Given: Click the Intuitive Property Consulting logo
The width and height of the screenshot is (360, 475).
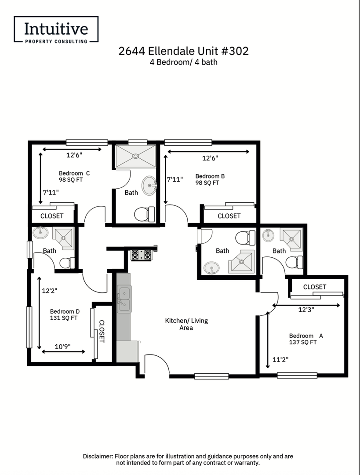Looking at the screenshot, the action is pyautogui.click(x=56, y=29).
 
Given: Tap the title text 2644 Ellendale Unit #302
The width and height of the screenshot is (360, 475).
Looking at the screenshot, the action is pyautogui.click(x=183, y=51).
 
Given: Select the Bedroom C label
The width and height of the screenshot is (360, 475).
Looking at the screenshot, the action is pyautogui.click(x=74, y=173).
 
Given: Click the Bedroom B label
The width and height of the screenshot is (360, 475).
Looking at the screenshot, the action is pyautogui.click(x=210, y=176).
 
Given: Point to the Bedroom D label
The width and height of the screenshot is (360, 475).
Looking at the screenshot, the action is pyautogui.click(x=65, y=311).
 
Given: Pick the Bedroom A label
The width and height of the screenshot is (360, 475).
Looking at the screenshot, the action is pyautogui.click(x=306, y=336).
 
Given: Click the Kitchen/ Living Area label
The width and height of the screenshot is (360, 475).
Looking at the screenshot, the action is pyautogui.click(x=186, y=324).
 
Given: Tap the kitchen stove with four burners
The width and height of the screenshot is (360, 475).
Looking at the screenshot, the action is pyautogui.click(x=141, y=255).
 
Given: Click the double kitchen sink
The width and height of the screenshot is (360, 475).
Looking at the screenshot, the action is pyautogui.click(x=124, y=299).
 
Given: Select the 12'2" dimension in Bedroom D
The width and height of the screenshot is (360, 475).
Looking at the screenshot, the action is pyautogui.click(x=49, y=291).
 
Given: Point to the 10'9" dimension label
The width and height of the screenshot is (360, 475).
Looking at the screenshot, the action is pyautogui.click(x=63, y=346).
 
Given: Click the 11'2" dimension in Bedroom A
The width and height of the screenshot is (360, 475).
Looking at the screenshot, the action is pyautogui.click(x=280, y=360).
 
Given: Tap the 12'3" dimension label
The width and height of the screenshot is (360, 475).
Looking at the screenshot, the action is pyautogui.click(x=306, y=310).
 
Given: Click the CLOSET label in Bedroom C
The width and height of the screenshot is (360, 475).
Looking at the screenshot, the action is pyautogui.click(x=52, y=216).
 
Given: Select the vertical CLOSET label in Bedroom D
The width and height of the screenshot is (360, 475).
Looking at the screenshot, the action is pyautogui.click(x=102, y=332).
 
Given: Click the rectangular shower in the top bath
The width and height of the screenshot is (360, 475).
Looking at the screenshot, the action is pyautogui.click(x=136, y=156).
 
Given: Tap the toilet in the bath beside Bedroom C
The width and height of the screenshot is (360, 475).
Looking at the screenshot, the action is pyautogui.click(x=145, y=214).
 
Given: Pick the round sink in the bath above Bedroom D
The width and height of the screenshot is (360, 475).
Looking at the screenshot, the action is pyautogui.click(x=40, y=233).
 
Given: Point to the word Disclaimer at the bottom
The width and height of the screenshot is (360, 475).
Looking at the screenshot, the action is pyautogui.click(x=98, y=456).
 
